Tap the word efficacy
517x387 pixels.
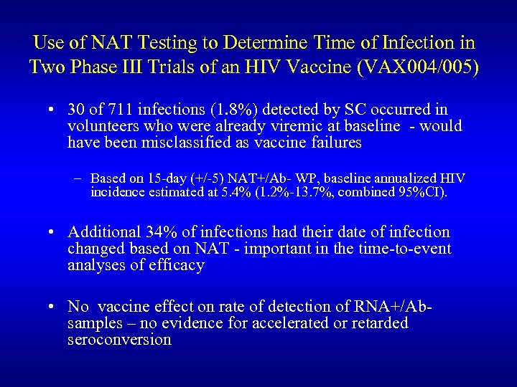177,265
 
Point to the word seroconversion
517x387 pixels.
119,339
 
